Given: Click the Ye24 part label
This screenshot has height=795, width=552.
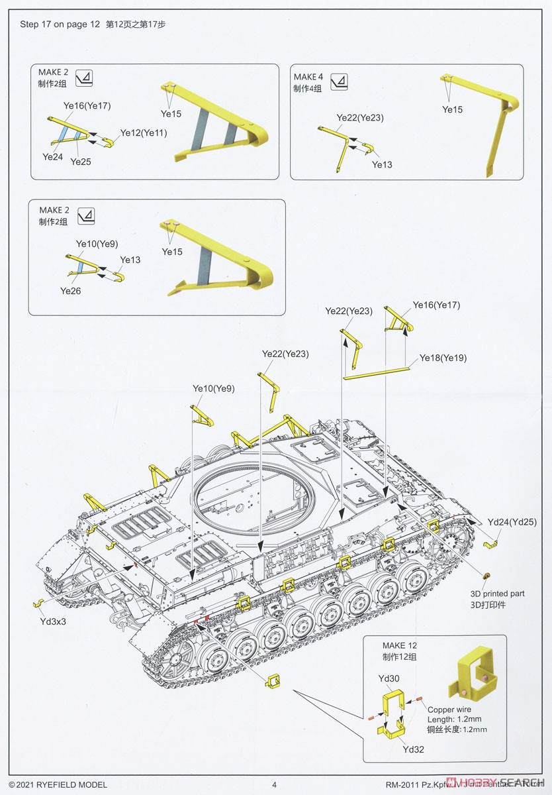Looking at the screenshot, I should click(x=52, y=156).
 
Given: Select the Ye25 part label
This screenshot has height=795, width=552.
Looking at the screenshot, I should click(x=80, y=161).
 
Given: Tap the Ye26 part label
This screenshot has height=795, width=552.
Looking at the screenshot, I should click(x=70, y=290).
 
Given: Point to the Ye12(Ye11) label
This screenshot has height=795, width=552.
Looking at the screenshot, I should click(x=143, y=132).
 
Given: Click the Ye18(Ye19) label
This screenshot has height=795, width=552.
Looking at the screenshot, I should click(x=443, y=358).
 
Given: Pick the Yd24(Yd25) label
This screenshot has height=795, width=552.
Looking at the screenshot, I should click(x=512, y=521).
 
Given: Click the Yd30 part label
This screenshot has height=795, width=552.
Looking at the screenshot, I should click(x=389, y=678).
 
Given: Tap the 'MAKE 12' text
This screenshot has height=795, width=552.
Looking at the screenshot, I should click(x=400, y=645).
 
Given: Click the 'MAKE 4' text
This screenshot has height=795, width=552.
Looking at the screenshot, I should click(x=308, y=77).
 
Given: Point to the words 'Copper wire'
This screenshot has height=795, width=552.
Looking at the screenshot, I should click(x=449, y=710).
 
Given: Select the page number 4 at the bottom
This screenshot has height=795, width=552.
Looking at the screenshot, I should click(x=274, y=785).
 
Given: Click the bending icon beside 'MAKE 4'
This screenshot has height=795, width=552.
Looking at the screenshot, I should click(x=338, y=81).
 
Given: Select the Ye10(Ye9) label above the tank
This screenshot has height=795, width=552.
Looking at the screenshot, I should click(x=213, y=388).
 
